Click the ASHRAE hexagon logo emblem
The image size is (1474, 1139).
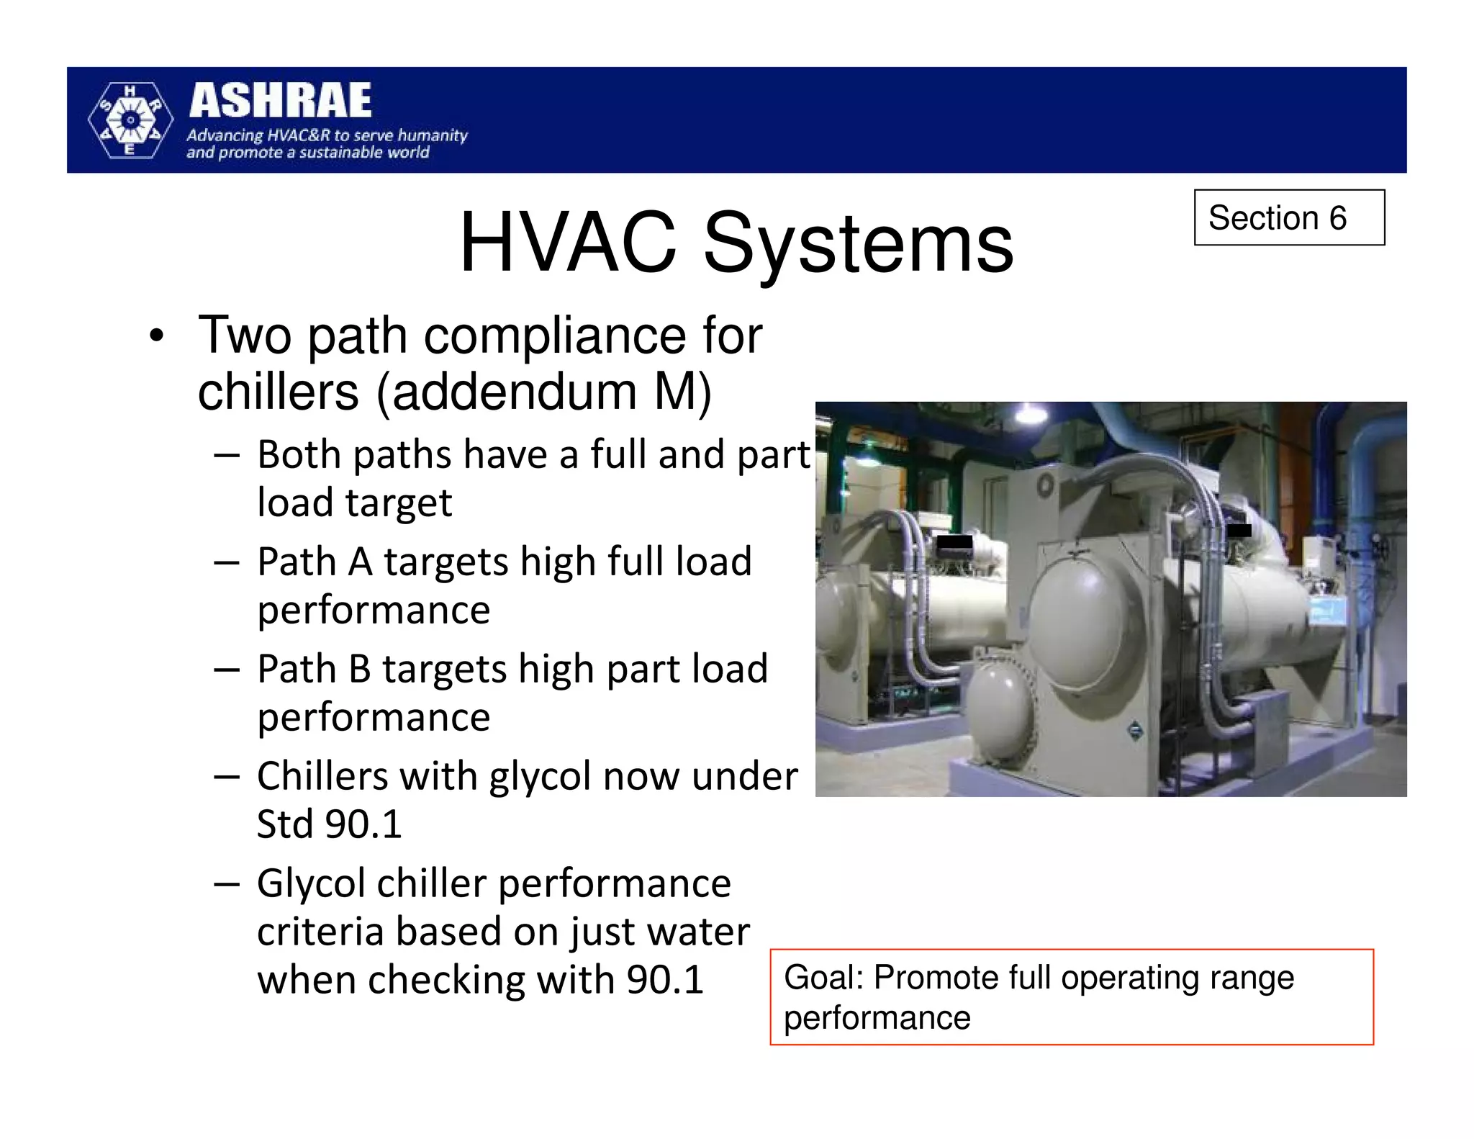[130, 120]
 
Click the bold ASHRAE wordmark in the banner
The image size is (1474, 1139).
[280, 101]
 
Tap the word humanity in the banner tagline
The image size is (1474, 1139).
[433, 135]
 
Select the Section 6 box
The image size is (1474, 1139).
[1288, 217]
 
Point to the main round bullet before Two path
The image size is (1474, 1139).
[156, 336]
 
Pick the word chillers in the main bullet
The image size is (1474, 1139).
[278, 392]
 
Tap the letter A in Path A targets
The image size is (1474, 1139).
[360, 562]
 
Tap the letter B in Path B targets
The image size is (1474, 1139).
[359, 670]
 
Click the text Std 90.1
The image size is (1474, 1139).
[330, 824]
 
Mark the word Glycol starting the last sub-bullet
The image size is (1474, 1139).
[311, 884]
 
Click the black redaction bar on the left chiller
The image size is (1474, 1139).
[954, 544]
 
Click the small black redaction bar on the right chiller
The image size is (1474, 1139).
[1239, 531]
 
